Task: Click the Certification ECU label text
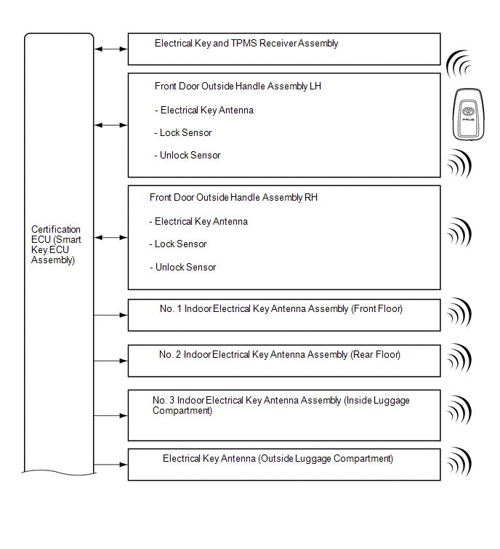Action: [x=57, y=244]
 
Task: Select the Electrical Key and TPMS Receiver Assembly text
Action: [x=246, y=44]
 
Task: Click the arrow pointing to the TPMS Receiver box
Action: [x=111, y=49]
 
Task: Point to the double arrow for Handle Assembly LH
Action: [x=111, y=125]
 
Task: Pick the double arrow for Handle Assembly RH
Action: [x=111, y=238]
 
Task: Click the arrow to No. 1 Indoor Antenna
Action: [x=111, y=315]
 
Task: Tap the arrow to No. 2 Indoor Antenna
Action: [x=111, y=361]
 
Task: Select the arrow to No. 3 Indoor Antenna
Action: [x=111, y=416]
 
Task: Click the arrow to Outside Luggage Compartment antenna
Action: [x=111, y=465]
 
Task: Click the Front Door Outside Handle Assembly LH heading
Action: [x=238, y=87]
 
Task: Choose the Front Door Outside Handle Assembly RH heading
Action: [x=233, y=198]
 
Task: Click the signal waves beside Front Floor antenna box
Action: [x=459, y=313]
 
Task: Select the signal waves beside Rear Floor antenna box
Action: [x=459, y=357]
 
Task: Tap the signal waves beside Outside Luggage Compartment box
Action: [x=459, y=462]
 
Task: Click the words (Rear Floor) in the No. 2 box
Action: [x=376, y=355]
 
